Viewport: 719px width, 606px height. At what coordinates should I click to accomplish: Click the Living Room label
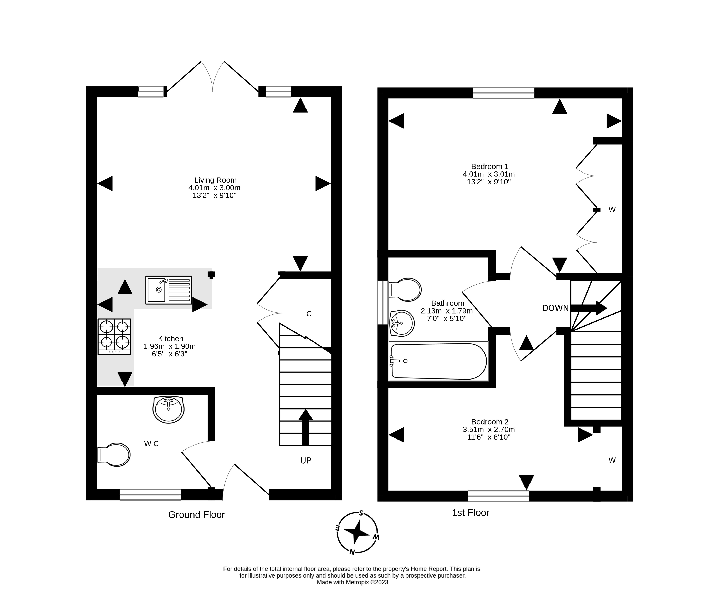click(x=215, y=180)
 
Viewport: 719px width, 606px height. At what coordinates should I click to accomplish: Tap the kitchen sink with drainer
click(x=169, y=290)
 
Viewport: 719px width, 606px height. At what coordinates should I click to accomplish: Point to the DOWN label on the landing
click(x=555, y=308)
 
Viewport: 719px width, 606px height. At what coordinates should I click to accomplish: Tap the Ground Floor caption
click(x=196, y=515)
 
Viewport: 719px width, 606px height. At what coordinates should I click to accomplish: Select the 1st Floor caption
click(x=470, y=513)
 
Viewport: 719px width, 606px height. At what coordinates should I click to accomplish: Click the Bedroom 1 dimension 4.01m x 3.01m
click(x=489, y=174)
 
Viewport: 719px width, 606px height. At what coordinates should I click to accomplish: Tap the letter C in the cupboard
click(x=309, y=314)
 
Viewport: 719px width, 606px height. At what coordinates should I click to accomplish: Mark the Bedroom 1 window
click(x=504, y=93)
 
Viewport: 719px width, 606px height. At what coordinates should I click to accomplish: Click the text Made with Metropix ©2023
click(x=352, y=582)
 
